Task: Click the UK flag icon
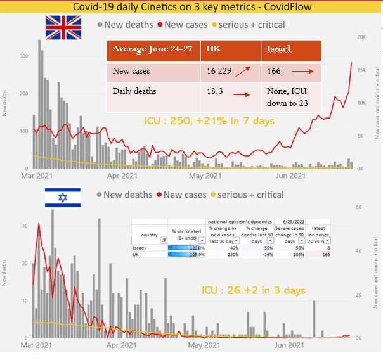coord(63,27)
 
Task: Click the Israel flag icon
coord(63,197)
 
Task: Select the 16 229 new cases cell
coord(220,72)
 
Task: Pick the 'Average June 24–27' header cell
coord(152,49)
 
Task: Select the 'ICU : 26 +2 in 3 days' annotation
coord(253,290)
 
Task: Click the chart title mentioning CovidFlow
coord(191,7)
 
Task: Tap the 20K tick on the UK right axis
coord(361,37)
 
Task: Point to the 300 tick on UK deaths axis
coord(23,56)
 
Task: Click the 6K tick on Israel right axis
coord(358,207)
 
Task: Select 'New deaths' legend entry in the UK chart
coord(127,25)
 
